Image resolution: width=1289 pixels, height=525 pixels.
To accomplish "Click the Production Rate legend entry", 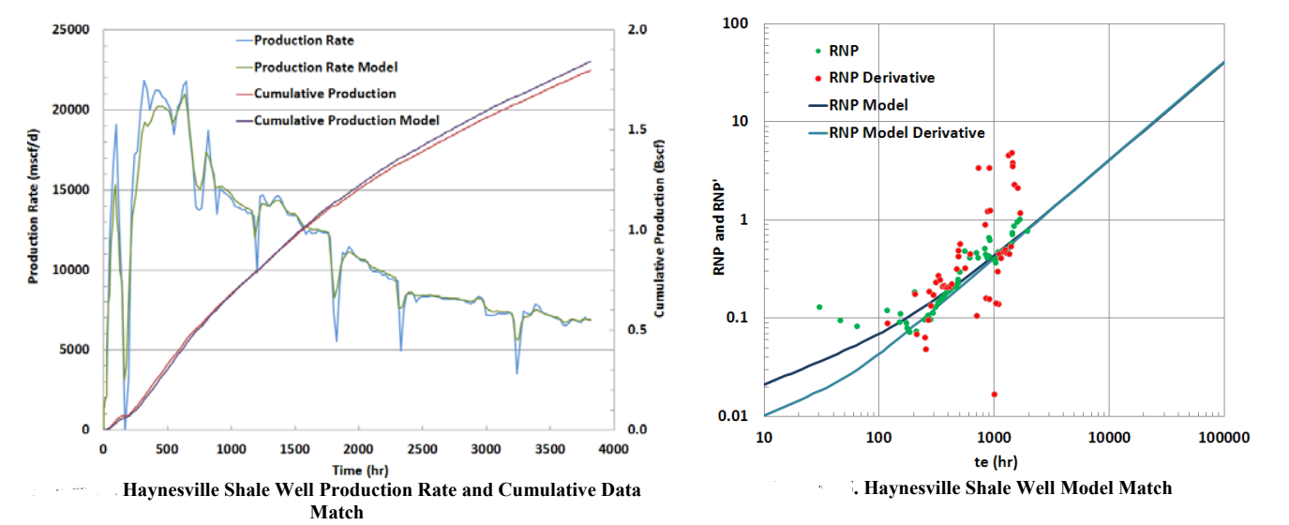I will pyautogui.click(x=304, y=40).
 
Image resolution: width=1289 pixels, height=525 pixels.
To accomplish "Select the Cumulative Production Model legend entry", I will pyautogui.click(x=346, y=120).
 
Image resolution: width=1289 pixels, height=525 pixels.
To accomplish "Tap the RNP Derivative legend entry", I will pyautogui.click(x=882, y=78).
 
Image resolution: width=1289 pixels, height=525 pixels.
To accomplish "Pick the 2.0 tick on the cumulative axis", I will pyautogui.click(x=637, y=30).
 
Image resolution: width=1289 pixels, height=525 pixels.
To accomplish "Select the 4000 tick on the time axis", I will pyautogui.click(x=613, y=449).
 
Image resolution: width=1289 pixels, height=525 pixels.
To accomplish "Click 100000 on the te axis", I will pyautogui.click(x=1224, y=438).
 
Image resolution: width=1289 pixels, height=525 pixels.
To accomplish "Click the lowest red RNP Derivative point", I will pyautogui.click(x=994, y=395).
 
